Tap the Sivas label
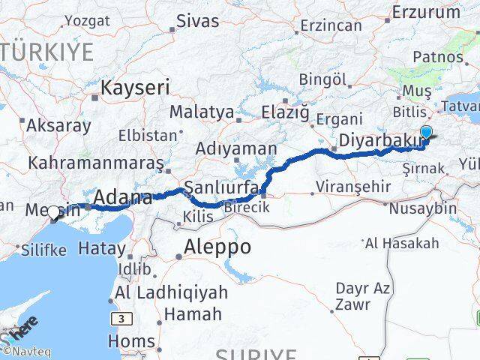click(198, 20)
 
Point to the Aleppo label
click(217, 247)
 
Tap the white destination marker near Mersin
click(53, 213)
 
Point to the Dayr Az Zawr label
click(362, 296)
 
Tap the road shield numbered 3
click(120, 319)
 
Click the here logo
click(21, 332)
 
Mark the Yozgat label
click(86, 19)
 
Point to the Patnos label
click(437, 57)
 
